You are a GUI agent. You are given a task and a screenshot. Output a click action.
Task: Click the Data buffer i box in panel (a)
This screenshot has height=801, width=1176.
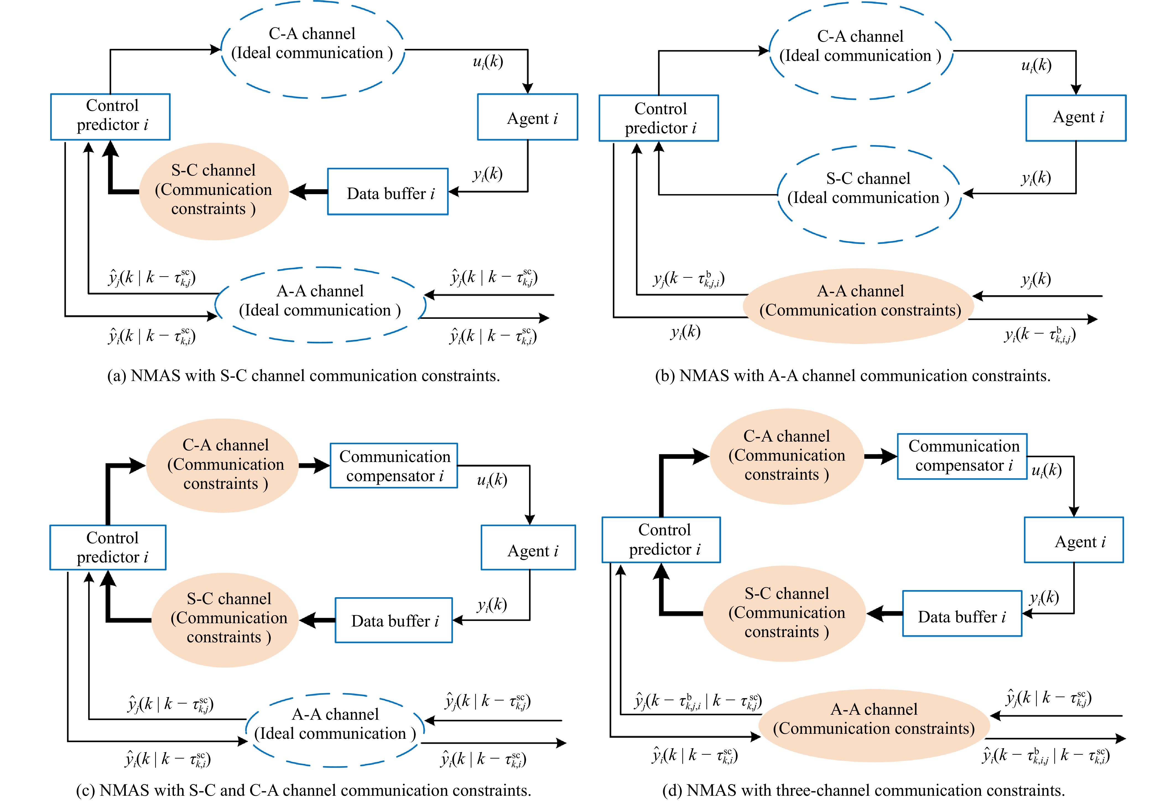387,192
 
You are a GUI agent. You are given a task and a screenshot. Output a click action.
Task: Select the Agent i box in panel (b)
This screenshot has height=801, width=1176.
1075,118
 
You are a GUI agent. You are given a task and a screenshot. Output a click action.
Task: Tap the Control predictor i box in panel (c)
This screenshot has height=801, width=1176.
108,547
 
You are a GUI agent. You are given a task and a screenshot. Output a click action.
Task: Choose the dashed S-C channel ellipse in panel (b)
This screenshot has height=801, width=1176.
868,194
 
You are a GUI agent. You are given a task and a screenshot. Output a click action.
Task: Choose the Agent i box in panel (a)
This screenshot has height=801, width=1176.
527,117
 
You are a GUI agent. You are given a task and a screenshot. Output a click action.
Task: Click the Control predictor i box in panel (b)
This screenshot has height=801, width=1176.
658,118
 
